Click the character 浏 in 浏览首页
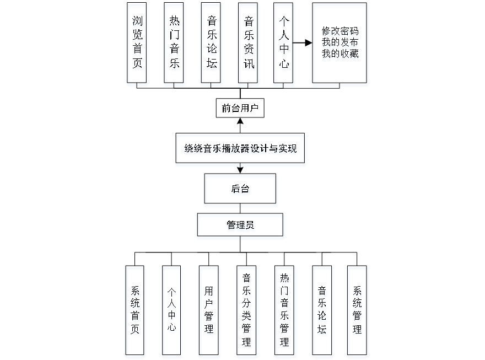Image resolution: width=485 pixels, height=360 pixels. point(137,22)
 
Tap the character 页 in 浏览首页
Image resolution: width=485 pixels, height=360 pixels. point(137,65)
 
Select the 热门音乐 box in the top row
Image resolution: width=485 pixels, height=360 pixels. point(174,44)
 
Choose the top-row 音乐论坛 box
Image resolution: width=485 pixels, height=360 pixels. point(212,44)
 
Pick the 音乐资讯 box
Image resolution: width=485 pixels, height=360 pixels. point(249,44)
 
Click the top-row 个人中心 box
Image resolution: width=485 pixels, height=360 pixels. point(284,44)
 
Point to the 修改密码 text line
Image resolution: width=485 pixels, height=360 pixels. point(340,32)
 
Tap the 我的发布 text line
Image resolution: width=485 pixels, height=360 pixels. point(340,44)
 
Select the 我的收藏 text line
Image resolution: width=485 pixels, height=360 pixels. point(340,55)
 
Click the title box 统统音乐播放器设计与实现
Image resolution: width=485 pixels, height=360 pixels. point(240,149)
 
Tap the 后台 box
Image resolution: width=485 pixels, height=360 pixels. point(241,191)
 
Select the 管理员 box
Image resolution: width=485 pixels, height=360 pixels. point(241,227)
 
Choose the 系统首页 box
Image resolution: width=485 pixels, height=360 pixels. point(136,311)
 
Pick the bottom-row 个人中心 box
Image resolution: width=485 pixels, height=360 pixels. point(172,311)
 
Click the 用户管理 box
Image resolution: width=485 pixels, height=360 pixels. point(209,311)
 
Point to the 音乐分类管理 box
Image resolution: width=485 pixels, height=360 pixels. point(247,311)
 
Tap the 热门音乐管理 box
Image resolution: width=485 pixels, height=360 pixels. point(284,311)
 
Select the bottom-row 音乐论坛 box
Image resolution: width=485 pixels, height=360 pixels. point(322,311)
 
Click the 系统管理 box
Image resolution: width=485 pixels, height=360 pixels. point(358,311)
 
